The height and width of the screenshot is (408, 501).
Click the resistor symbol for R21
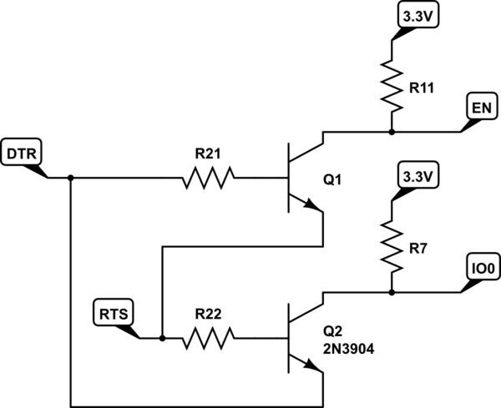208,177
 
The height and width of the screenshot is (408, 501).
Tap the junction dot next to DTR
71,177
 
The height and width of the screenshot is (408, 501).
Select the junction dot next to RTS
163,338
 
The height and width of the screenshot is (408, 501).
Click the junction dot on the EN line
392,131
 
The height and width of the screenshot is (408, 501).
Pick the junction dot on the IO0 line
392,292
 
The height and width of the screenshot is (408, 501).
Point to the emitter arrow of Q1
312,205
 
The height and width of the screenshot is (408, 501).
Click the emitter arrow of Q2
312,366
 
